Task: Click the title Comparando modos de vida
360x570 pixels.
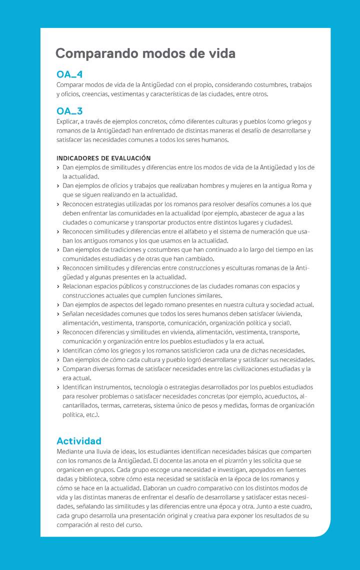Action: coord(145,53)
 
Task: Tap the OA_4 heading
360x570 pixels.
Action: coord(69,75)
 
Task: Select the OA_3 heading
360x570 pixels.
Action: coord(69,111)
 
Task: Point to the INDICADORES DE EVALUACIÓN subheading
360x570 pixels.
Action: coord(103,158)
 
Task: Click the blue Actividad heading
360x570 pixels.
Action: coord(79,441)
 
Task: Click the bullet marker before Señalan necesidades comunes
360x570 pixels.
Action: coord(58,314)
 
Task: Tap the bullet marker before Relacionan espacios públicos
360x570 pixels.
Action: coord(58,286)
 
